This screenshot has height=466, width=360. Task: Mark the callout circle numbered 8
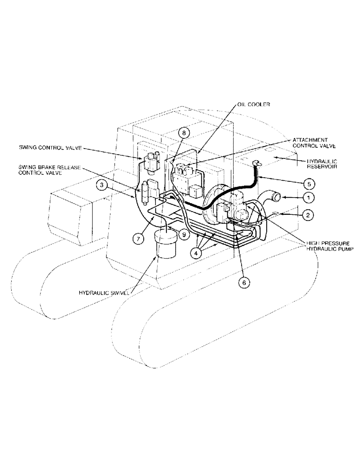click(185, 133)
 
